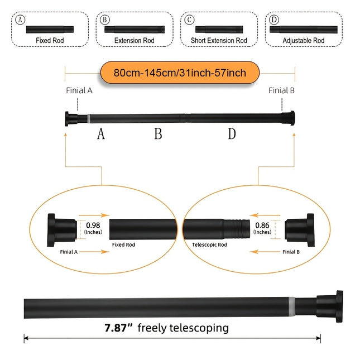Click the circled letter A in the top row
point(21,20)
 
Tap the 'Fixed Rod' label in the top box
point(50,40)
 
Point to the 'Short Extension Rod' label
point(218,40)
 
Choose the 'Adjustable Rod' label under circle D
point(303,40)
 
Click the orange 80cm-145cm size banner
point(180,73)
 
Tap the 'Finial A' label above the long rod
point(79,90)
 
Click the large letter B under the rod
point(158,134)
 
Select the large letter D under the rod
point(232,134)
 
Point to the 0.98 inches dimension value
point(93,225)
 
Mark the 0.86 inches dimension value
point(262,225)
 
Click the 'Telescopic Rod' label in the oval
point(209,244)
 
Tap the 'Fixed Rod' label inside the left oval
point(123,244)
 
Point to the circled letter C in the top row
point(190,20)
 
